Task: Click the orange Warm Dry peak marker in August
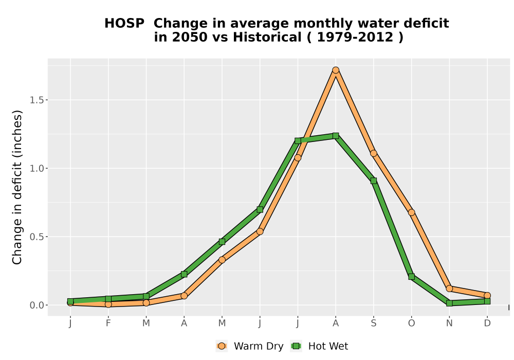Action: click(335, 70)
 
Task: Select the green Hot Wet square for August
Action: click(335, 136)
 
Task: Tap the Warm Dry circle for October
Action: click(411, 212)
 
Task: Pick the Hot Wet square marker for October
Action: click(411, 277)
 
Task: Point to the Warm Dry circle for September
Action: click(373, 153)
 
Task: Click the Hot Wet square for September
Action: click(373, 181)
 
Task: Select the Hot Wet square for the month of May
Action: click(222, 242)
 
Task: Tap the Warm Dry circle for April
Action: click(184, 296)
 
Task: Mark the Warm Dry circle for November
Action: click(449, 289)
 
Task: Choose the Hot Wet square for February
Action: click(108, 299)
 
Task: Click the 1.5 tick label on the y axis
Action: click(36, 100)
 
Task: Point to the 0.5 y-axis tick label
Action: click(36, 237)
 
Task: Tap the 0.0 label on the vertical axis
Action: click(36, 305)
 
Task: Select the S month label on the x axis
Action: click(373, 323)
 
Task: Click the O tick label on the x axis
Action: click(411, 323)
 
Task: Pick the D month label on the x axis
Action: click(487, 323)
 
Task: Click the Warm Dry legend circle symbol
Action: click(222, 346)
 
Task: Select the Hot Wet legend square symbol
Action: click(297, 346)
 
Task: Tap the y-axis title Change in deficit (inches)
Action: click(17, 187)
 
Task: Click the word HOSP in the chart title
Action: click(124, 24)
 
